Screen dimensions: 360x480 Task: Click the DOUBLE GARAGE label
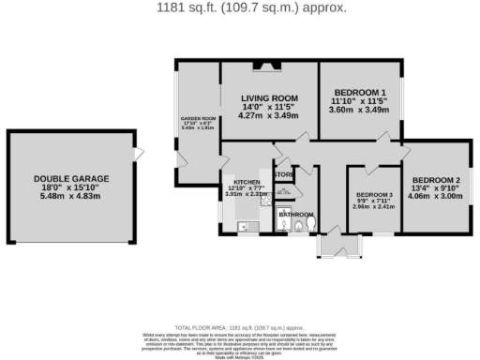coord(71,178)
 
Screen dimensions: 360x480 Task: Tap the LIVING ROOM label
coord(269,98)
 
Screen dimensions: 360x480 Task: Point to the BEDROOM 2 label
coord(437,180)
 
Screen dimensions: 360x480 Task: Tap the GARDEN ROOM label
coord(198,119)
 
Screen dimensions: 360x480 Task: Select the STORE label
coord(283,174)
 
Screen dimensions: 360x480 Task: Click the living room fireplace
coord(269,66)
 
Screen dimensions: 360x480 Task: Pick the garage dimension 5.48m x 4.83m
coord(71,199)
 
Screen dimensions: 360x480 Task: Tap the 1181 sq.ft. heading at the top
coord(241,8)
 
